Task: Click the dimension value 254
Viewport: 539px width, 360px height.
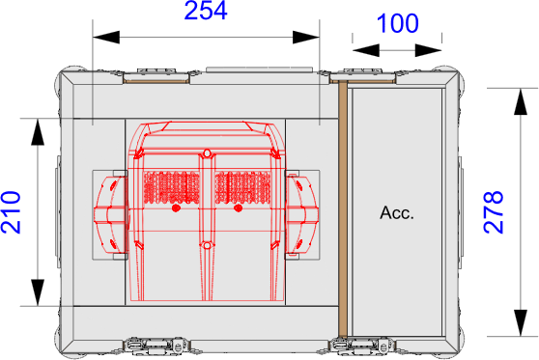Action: (x=206, y=11)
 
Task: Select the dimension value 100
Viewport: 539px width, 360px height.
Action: (x=397, y=23)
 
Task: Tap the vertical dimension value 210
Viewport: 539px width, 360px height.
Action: (x=11, y=212)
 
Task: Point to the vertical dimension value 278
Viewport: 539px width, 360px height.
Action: (x=494, y=212)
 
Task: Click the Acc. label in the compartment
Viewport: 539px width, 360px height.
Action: (x=397, y=212)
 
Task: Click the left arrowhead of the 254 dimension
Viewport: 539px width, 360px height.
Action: (x=106, y=37)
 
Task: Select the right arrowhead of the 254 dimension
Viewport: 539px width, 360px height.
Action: (x=306, y=37)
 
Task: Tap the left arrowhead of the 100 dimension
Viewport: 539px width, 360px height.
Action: (x=366, y=50)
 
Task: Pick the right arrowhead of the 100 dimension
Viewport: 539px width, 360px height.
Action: (x=428, y=50)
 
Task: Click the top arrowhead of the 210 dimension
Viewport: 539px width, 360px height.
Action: (x=38, y=132)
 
